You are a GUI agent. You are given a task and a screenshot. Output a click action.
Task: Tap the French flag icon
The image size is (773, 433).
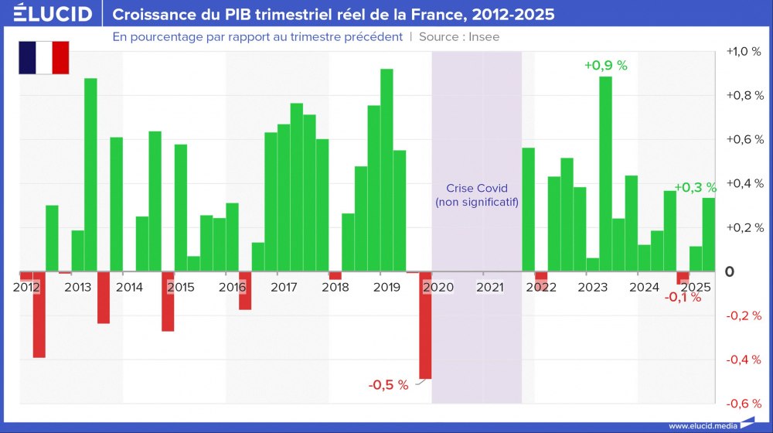coord(44,58)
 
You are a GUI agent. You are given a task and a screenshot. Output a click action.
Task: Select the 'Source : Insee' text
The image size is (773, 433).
coord(459,36)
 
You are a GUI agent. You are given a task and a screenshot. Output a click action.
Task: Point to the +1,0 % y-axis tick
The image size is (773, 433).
coord(744,52)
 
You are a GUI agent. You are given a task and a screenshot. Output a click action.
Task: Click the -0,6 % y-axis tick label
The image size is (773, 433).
coord(744,404)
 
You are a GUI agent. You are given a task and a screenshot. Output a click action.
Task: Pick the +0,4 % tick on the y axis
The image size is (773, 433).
coord(744,184)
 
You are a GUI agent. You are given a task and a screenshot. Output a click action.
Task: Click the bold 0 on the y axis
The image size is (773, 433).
coord(729,272)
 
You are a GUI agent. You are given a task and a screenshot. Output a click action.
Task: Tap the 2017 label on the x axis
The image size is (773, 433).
coord(284,288)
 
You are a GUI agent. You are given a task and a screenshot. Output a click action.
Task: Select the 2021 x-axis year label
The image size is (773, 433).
coord(489,288)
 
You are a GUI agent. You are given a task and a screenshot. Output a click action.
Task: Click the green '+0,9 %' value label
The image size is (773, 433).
coord(605,66)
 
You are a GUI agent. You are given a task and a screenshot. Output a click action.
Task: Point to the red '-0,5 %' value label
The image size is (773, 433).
coord(388,385)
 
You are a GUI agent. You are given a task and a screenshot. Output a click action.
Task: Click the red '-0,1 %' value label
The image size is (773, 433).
coord(683,298)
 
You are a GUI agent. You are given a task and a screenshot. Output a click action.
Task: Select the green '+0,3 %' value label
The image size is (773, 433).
coord(695,187)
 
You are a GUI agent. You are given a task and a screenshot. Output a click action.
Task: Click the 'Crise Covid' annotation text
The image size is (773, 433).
coord(477,189)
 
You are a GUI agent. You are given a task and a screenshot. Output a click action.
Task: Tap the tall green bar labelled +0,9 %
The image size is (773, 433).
coord(606,174)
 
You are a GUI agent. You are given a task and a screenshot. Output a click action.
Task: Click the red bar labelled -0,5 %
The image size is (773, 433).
coord(425,325)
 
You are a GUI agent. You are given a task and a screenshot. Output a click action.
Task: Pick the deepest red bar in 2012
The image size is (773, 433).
coord(39,315)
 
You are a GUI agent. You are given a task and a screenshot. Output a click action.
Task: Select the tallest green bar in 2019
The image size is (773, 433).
coord(386,170)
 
